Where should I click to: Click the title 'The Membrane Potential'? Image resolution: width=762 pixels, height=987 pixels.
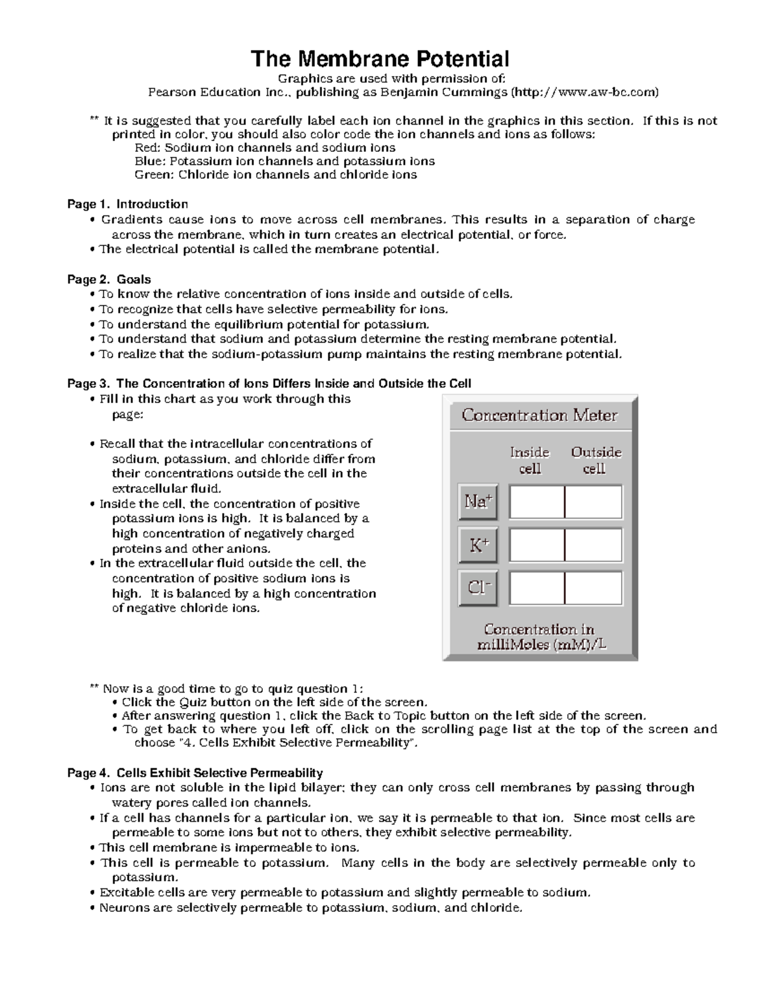tap(380, 59)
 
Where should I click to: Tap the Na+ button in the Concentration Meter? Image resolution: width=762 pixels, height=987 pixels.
tap(478, 502)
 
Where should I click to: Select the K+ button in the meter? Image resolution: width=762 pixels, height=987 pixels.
tap(478, 545)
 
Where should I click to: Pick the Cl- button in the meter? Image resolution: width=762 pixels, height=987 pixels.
tap(478, 588)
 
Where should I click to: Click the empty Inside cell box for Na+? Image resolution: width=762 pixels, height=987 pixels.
tap(537, 502)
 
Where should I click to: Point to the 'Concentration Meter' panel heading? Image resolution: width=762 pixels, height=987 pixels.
tap(539, 416)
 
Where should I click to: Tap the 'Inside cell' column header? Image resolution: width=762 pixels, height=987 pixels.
tap(530, 460)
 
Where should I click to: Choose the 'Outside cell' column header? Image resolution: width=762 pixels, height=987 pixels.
tap(596, 460)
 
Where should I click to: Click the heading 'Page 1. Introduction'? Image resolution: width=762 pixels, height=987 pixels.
tap(128, 204)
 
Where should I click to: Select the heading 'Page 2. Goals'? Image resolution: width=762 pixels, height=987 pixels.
tap(109, 279)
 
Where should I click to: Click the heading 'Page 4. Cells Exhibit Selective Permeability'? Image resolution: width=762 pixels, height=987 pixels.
tap(195, 773)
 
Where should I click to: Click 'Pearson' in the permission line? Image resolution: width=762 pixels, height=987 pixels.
tap(171, 93)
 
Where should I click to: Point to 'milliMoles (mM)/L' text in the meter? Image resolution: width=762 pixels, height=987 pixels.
tap(541, 644)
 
